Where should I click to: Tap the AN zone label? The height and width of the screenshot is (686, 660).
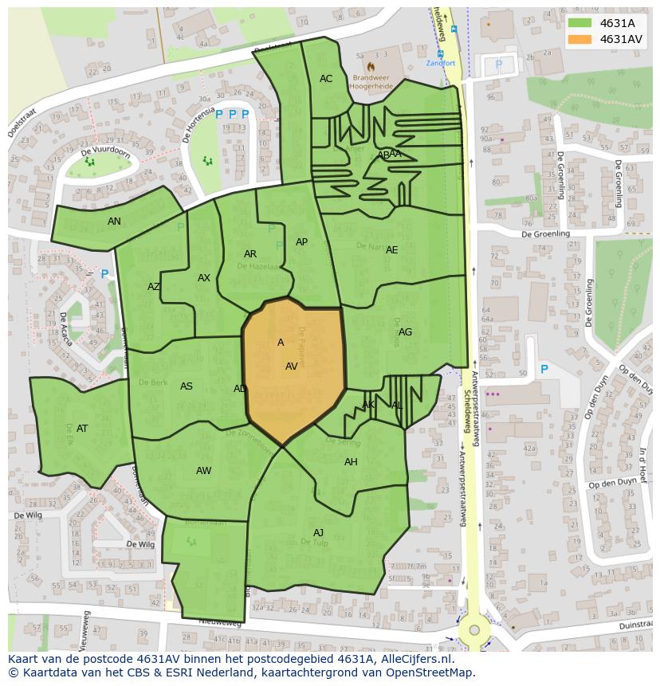114,221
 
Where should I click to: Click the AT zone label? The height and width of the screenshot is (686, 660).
82,429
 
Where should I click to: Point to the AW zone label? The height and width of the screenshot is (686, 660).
203,471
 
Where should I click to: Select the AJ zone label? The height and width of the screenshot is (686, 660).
318,533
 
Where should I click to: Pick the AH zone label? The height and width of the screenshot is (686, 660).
351,462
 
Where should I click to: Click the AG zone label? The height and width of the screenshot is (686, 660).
405,332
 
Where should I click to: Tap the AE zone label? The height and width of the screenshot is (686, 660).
391,250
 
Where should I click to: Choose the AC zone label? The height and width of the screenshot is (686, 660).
326,79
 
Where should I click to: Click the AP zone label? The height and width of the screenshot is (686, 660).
301,242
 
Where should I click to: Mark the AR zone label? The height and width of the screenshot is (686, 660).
250,254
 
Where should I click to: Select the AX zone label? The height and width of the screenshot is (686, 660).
204,278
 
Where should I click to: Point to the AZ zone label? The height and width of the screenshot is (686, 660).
154,287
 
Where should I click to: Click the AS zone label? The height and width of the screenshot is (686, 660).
186,386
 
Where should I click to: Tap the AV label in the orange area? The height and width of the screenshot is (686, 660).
291,367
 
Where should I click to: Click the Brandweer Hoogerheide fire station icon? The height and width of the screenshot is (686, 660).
371,66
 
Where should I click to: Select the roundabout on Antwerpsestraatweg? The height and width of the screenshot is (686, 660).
474,629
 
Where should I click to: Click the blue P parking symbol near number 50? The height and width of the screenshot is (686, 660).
544,369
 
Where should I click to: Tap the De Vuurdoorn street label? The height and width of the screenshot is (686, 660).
105,151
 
